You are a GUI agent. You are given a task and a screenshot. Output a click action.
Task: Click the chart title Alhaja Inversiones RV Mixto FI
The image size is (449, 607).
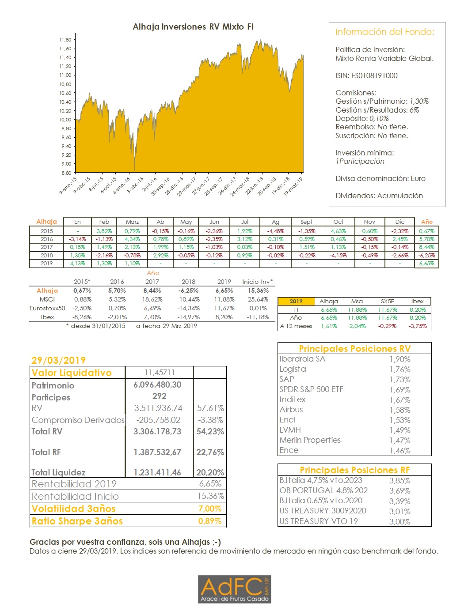193,27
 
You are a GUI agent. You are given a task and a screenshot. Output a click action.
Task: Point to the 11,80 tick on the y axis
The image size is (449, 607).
65,40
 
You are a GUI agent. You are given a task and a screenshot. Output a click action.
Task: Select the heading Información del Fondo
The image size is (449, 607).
384,32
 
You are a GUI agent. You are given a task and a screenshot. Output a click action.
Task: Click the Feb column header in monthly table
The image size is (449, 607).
104,222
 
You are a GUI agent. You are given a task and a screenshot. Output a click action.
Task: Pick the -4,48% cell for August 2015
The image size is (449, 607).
275,231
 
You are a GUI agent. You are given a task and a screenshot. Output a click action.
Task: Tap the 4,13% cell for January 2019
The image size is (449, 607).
77,263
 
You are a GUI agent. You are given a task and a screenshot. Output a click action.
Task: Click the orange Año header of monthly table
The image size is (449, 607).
426,222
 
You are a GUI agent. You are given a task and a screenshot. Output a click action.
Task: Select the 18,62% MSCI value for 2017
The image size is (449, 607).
152,299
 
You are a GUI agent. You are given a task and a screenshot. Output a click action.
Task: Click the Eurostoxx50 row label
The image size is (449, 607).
47,308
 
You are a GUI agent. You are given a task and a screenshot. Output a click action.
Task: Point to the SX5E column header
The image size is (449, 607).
387,301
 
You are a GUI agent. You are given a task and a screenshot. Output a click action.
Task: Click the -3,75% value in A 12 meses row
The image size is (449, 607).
418,326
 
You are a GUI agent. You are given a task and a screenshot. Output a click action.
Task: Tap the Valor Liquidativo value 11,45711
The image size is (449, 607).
160,373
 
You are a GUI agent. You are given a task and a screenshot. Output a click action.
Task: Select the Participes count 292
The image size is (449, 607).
159,396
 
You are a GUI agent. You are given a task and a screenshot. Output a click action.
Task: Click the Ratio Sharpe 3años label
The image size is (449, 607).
77,521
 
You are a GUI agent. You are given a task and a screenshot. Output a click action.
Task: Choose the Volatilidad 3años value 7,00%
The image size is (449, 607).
210,509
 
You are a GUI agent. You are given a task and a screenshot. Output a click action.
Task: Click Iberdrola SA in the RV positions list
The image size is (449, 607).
302,359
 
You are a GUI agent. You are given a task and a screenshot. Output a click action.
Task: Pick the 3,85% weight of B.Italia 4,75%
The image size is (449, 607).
400,480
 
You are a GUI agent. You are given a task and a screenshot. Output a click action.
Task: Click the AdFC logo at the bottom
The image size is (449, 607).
234,589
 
